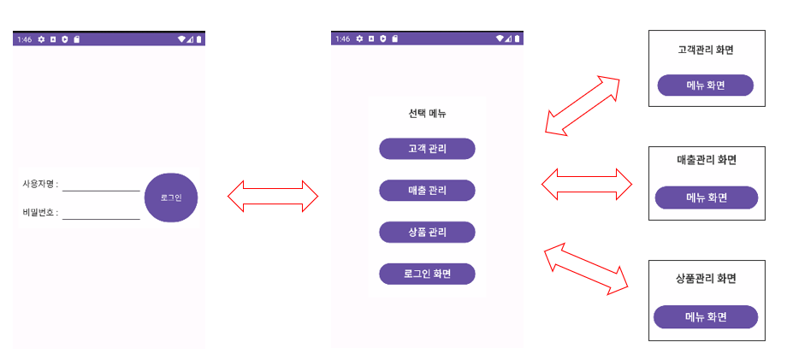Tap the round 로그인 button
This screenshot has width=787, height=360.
tap(171, 198)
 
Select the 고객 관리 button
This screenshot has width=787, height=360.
tap(427, 149)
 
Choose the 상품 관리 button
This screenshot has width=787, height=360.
tap(427, 232)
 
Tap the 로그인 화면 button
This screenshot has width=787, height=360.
tap(427, 274)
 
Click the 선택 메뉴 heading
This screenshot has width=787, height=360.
tap(427, 114)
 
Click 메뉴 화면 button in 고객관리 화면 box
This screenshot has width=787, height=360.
tap(705, 86)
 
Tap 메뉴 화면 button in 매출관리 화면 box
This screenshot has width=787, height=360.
tap(707, 198)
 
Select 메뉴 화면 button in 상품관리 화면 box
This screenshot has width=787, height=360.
tap(706, 316)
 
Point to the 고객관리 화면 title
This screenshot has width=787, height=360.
tap(706, 50)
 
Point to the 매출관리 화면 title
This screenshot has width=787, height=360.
tap(707, 160)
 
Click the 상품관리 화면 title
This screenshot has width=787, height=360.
tap(706, 279)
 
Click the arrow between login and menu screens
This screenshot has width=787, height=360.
tap(273, 197)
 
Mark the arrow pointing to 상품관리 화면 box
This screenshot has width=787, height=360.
tap(587, 269)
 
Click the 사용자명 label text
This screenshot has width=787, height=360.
tap(40, 184)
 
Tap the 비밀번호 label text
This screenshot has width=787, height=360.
tap(40, 213)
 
